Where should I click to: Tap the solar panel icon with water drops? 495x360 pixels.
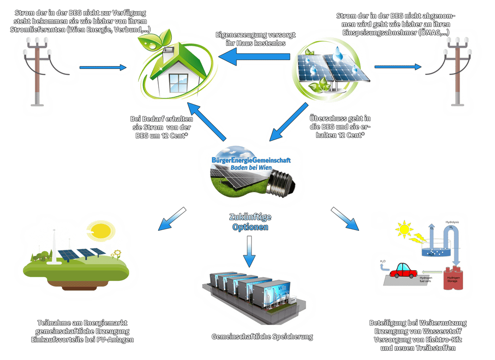[x=331, y=69]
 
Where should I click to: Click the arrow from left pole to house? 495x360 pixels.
[x=102, y=68]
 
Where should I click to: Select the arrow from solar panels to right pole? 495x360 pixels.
[x=398, y=67]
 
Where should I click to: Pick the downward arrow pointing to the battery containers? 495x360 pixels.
[x=249, y=252]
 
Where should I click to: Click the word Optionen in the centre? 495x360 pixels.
[x=250, y=227]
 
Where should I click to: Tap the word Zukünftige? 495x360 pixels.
[x=250, y=217]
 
